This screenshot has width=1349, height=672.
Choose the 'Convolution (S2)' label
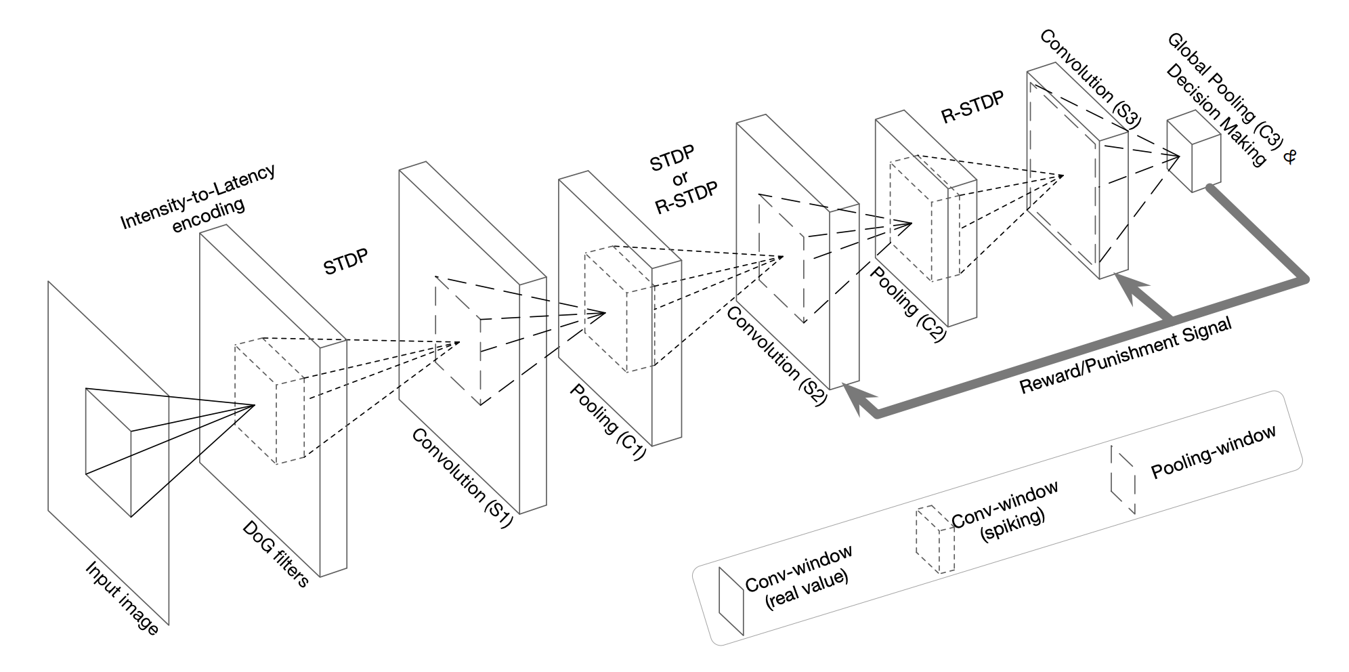point(776,355)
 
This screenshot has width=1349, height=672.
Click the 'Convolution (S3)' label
point(1090,79)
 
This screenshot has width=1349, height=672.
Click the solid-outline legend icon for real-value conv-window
point(731,600)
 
